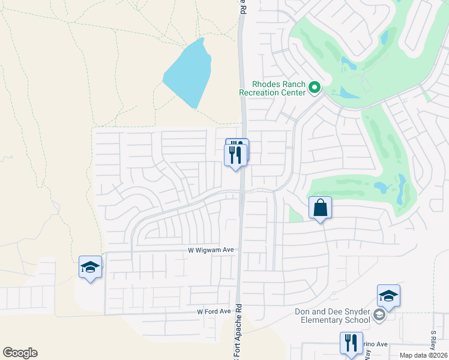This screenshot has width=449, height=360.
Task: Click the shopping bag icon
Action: [321, 208]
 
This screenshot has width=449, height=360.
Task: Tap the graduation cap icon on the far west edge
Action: [91, 267]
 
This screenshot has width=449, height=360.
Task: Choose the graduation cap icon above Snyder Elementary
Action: [388, 296]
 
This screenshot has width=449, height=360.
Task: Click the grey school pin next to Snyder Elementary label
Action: [379, 315]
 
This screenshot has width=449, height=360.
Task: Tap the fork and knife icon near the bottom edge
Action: [351, 343]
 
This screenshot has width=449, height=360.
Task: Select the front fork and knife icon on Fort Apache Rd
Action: [235, 155]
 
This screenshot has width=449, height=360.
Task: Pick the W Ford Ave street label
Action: [214, 311]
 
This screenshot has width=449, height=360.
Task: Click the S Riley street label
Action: [433, 340]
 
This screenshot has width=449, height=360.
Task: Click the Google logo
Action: [20, 353]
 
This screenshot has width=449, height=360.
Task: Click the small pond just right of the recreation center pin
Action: [349, 92]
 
